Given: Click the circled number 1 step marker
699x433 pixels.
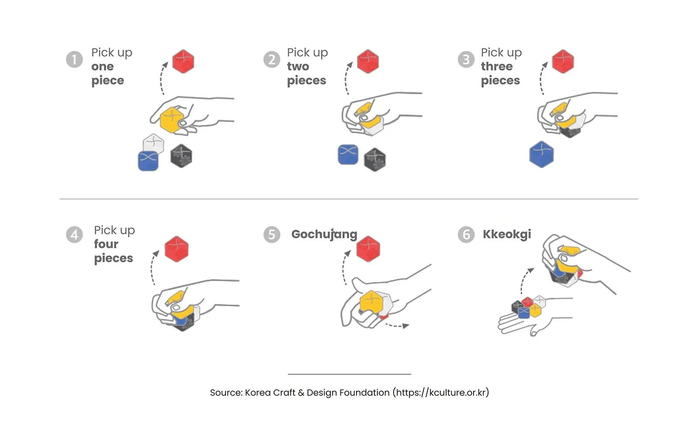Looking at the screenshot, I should tap(74, 59).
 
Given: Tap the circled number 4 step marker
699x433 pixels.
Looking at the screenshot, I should tap(74, 234).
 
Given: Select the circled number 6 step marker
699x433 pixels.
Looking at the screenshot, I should tap(466, 234).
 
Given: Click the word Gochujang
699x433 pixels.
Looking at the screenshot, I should tap(324, 234).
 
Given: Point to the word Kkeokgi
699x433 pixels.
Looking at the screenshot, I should tap(507, 234).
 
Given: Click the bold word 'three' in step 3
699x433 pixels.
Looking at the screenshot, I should tap(497, 66).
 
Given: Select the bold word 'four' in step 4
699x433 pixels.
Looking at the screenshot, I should tap(106, 244).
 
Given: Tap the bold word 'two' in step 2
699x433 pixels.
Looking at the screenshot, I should tap(298, 66).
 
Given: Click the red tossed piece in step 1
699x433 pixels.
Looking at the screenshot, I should tap(183, 61).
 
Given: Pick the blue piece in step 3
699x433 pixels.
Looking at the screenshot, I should tap(541, 154).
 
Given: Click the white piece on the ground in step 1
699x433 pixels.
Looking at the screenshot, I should tap(153, 143).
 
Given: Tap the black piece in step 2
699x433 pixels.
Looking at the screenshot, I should tap(375, 159).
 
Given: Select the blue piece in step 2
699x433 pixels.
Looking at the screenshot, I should tap(348, 155).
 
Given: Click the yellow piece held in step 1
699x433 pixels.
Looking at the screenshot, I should tap(172, 119).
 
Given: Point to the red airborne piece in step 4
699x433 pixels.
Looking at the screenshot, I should tap(176, 249).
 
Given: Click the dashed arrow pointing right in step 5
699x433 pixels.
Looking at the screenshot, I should tap(398, 325).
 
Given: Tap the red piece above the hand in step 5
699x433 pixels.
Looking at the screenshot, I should tap(368, 249).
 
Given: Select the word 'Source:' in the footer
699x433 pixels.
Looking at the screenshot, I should tap(226, 392).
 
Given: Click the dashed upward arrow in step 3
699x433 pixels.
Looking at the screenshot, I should tap(542, 79).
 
